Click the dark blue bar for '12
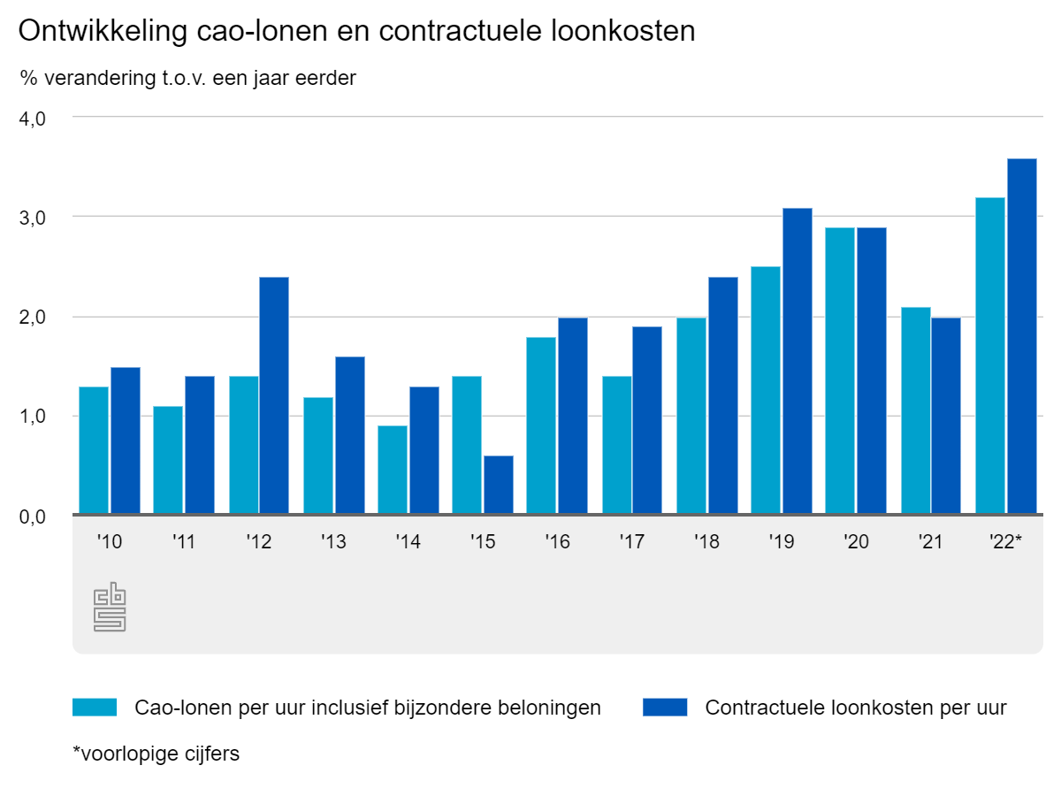click(x=273, y=395)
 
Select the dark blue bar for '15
click(x=498, y=485)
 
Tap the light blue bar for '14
click(x=393, y=470)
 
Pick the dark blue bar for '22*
click(x=1021, y=336)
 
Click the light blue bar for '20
click(x=840, y=371)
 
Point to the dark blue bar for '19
click(x=797, y=361)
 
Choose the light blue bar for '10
click(x=94, y=450)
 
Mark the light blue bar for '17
click(x=617, y=445)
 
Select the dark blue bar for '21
click(x=945, y=416)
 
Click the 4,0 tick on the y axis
click(x=33, y=118)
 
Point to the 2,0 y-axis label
click(x=33, y=317)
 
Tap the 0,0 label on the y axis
click(x=33, y=517)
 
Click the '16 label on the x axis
click(x=557, y=542)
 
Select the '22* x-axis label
click(x=1005, y=542)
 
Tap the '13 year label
click(x=333, y=542)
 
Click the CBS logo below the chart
click(x=110, y=607)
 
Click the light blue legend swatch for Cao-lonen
click(x=95, y=708)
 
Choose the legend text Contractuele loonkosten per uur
click(x=856, y=708)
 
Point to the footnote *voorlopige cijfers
click(x=156, y=754)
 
